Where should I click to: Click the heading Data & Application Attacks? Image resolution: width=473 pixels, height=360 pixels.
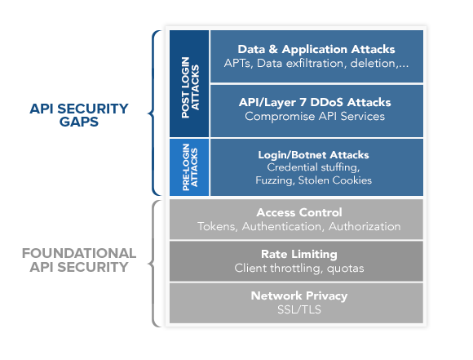click(x=316, y=49)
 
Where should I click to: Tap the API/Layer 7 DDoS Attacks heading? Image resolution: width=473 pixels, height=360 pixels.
click(x=316, y=103)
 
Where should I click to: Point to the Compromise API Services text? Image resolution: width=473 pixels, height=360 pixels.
click(x=316, y=117)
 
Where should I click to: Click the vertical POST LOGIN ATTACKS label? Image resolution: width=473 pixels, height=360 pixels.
click(x=188, y=83)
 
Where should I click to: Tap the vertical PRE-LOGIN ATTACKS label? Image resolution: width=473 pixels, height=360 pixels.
click(x=188, y=167)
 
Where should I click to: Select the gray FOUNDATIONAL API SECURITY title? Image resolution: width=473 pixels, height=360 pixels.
click(x=78, y=260)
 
